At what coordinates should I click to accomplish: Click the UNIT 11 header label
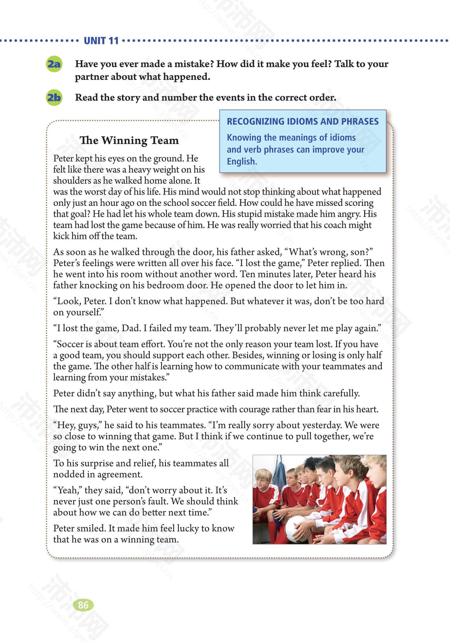point(101,41)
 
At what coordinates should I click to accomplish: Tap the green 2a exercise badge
point(54,64)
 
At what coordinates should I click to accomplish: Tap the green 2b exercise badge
point(54,97)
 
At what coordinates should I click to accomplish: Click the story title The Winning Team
point(129,140)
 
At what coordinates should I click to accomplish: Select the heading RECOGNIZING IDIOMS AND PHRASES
point(303,122)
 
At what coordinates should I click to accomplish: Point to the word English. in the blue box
point(242,161)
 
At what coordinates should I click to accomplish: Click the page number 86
point(83,605)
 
